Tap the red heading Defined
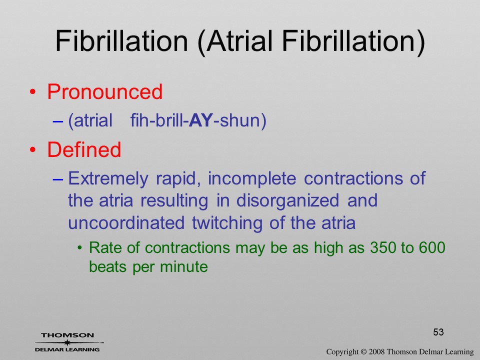click(x=84, y=149)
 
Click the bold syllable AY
click(x=201, y=120)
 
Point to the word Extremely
click(x=108, y=179)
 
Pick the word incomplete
click(x=252, y=179)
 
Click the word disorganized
click(x=287, y=201)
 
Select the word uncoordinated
click(x=126, y=223)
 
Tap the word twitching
click(x=227, y=223)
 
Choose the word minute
click(x=184, y=266)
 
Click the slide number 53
click(x=438, y=332)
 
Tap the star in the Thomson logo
click(x=67, y=342)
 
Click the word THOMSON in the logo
click(x=67, y=335)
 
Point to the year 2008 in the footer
click(x=376, y=352)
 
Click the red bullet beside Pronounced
click(x=33, y=92)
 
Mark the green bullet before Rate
click(x=80, y=247)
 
